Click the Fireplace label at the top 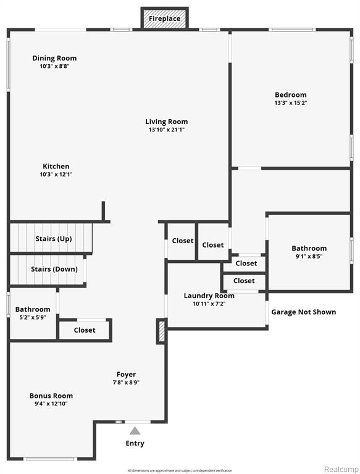pyautogui.click(x=165, y=19)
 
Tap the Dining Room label pyautogui.click(x=54, y=58)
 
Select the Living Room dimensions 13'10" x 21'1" pyautogui.click(x=166, y=130)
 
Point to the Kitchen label pyautogui.click(x=56, y=166)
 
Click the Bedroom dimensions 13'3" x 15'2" pyautogui.click(x=291, y=103)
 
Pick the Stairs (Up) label pyautogui.click(x=54, y=239)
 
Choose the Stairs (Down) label pyautogui.click(x=54, y=269)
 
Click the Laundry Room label pyautogui.click(x=209, y=296)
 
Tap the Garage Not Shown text pyautogui.click(x=303, y=312)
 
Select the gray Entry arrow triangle pyautogui.click(x=135, y=430)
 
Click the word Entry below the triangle pyautogui.click(x=135, y=443)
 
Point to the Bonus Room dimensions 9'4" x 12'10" pyautogui.click(x=51, y=404)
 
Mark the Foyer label pyautogui.click(x=126, y=375)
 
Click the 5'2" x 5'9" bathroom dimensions pyautogui.click(x=33, y=317)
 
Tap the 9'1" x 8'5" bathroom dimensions pyautogui.click(x=309, y=256)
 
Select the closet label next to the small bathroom pyautogui.click(x=85, y=330)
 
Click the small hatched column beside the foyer pyautogui.click(x=162, y=331)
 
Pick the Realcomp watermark pyautogui.click(x=341, y=469)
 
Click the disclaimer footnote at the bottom pyautogui.click(x=180, y=470)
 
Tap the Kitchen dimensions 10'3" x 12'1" pyautogui.click(x=56, y=175)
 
